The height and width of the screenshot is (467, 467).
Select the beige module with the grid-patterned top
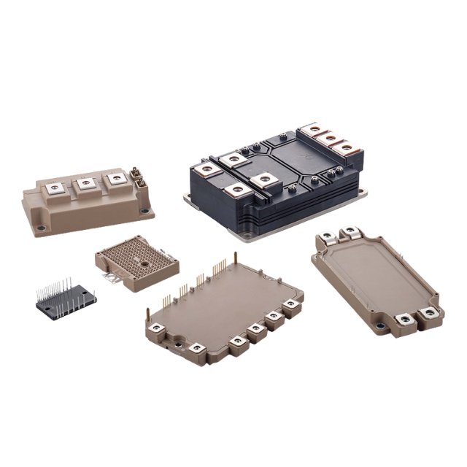click(x=136, y=262)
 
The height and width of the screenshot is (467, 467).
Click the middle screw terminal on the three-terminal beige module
click(x=86, y=182)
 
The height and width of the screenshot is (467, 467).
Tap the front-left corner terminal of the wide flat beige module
click(x=156, y=335)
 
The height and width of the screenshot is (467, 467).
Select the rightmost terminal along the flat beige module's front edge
click(x=291, y=305)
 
